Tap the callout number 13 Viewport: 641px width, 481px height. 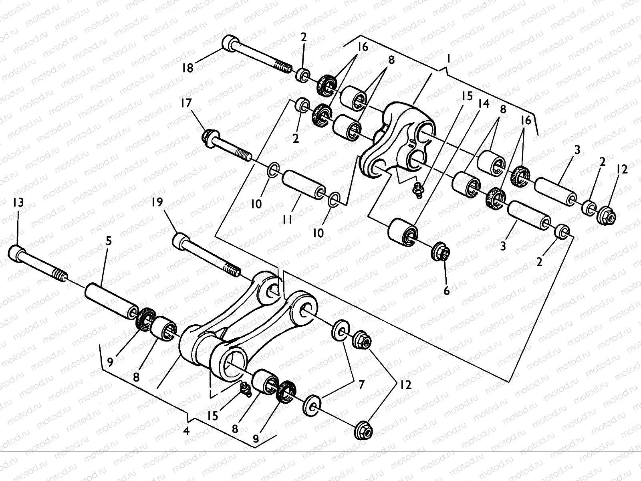18,203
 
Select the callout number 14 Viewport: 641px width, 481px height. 484,104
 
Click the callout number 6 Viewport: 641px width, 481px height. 446,290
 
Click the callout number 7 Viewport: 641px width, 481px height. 361,385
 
